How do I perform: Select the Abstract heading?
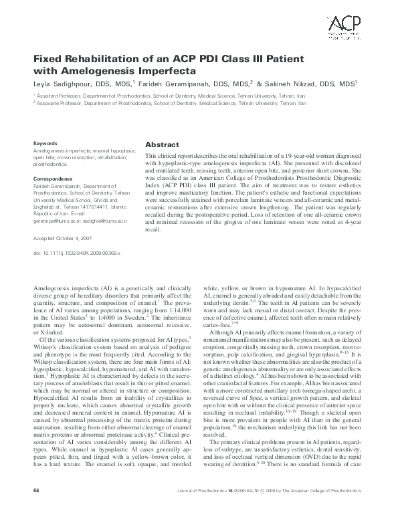(161, 144)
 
